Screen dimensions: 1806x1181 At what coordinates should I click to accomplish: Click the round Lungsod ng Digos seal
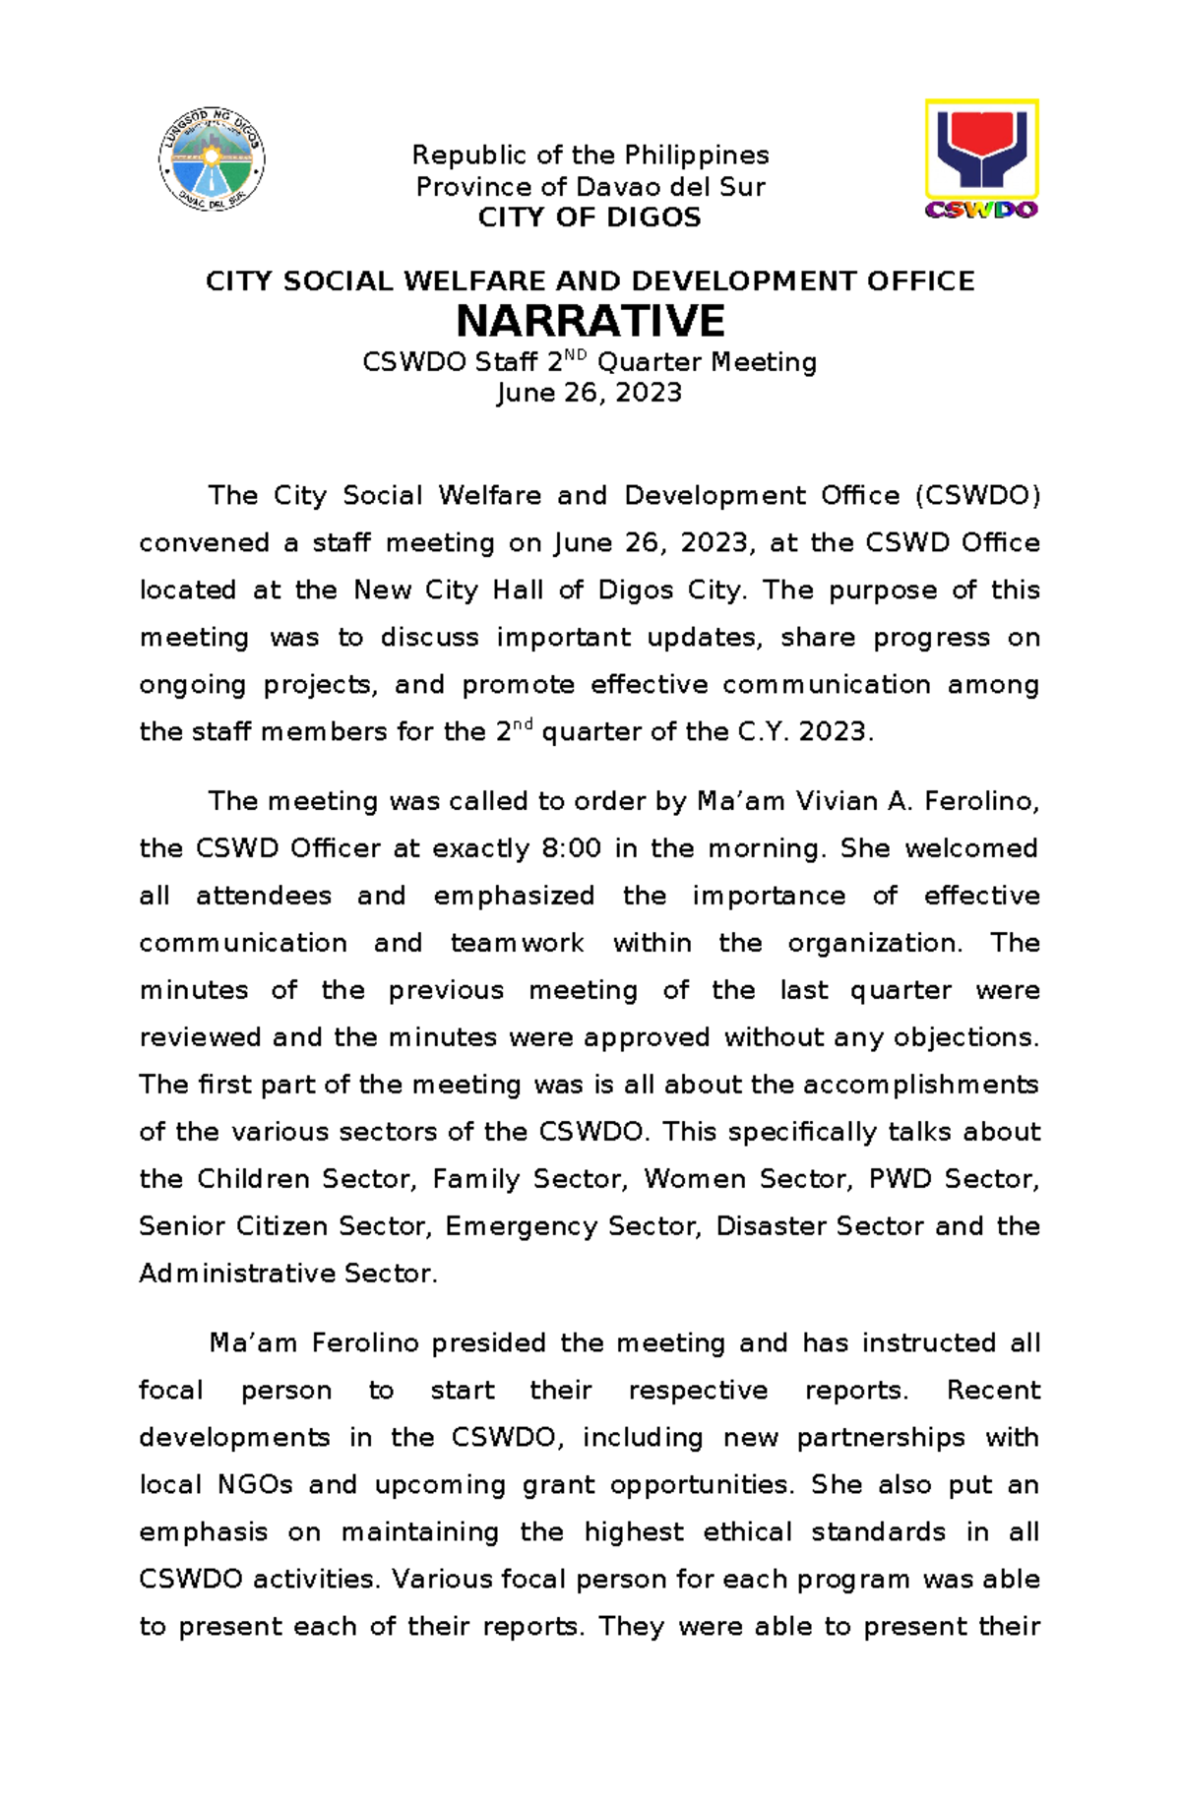point(212,158)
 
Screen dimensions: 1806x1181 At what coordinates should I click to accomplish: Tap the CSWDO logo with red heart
point(981,157)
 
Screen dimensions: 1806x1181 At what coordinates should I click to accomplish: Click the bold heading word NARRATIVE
point(590,322)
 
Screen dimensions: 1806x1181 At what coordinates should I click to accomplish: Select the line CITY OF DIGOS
point(590,218)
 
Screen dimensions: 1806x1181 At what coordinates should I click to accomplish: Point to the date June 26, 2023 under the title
point(590,393)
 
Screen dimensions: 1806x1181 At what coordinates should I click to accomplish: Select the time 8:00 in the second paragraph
point(571,848)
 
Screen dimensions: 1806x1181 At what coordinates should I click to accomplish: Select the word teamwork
point(517,943)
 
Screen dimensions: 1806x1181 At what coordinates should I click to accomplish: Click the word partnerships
point(880,1437)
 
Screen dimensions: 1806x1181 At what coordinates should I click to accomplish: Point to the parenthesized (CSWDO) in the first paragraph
point(976,495)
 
